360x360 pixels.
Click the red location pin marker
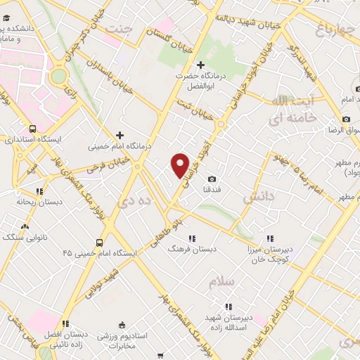[181, 165]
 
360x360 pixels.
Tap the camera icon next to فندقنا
[212, 179]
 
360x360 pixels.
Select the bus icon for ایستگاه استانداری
[33, 129]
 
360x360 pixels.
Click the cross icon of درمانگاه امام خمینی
[120, 135]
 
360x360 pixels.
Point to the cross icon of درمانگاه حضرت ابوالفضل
[200, 65]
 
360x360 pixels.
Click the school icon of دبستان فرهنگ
[191, 238]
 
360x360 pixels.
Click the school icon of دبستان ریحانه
[40, 191]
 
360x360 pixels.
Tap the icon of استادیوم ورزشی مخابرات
[122, 325]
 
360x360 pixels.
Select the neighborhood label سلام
[221, 282]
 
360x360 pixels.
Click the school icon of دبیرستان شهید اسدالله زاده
[228, 307]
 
